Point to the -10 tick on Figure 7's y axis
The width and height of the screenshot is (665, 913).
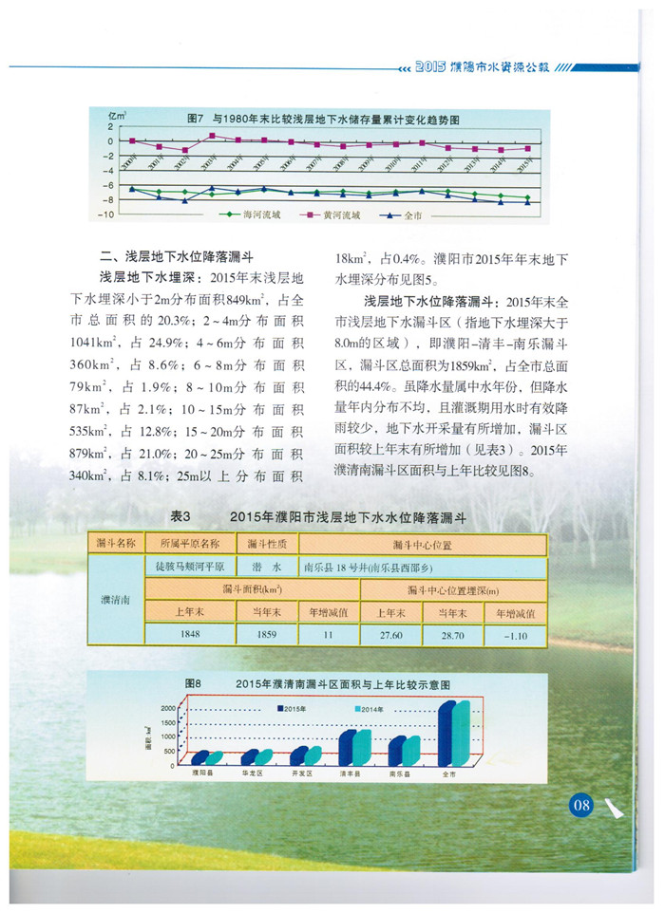(x=107, y=214)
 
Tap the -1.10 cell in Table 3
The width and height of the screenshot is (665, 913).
(x=516, y=634)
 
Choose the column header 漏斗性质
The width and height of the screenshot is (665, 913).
(x=268, y=544)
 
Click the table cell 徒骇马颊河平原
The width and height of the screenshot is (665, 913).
(x=189, y=567)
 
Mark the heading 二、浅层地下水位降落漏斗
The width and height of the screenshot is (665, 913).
(x=177, y=256)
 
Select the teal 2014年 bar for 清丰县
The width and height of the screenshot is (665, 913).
(x=362, y=747)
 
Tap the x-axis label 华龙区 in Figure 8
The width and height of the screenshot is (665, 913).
(x=252, y=774)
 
